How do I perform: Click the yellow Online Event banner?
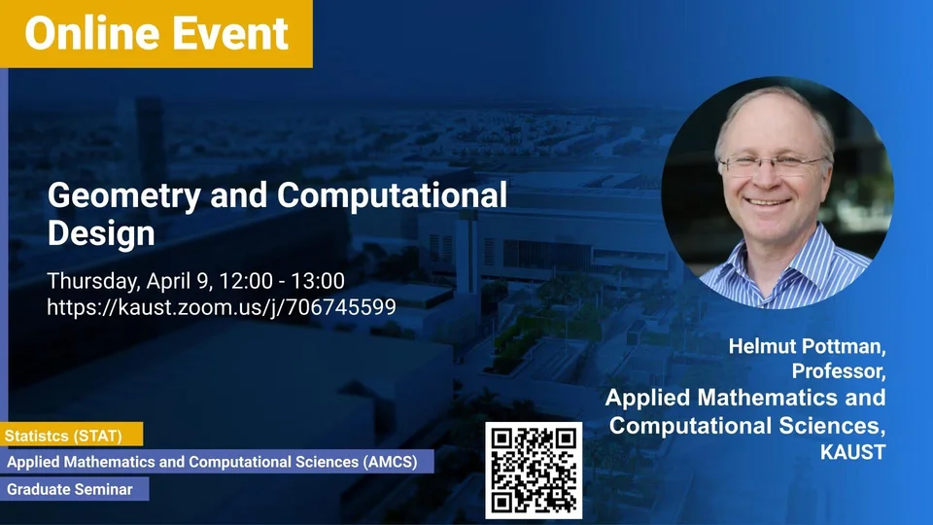coord(155,33)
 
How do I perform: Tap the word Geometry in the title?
coord(124,196)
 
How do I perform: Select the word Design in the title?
coord(101,233)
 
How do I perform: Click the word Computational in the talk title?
coord(392,195)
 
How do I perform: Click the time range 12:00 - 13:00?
coord(282,281)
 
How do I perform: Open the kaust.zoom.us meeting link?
coord(222,307)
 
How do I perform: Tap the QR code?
coord(534,471)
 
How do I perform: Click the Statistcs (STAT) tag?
coord(71,436)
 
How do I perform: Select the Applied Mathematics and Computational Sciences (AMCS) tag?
coord(217,462)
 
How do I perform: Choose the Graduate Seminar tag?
coord(75,489)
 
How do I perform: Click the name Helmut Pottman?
coord(807,346)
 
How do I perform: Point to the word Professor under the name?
coord(838,371)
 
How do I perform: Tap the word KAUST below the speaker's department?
coord(852,452)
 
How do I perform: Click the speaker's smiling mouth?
coord(768,202)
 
